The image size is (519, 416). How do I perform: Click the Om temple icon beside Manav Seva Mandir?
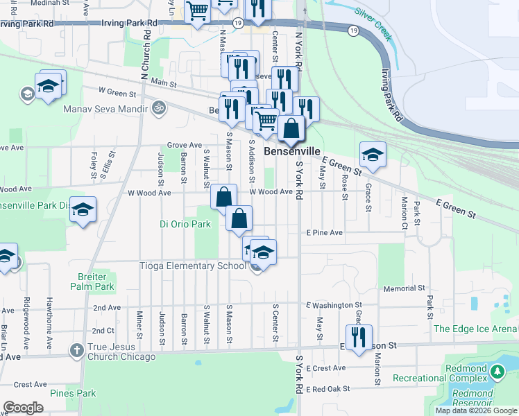158,109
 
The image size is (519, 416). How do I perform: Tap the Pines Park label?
73,393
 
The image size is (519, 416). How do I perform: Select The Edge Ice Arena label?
475,329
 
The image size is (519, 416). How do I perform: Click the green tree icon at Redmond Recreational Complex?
496,372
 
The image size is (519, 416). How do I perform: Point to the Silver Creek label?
373,21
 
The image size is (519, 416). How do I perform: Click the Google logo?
24,408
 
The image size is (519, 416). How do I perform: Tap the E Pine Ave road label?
324,233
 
